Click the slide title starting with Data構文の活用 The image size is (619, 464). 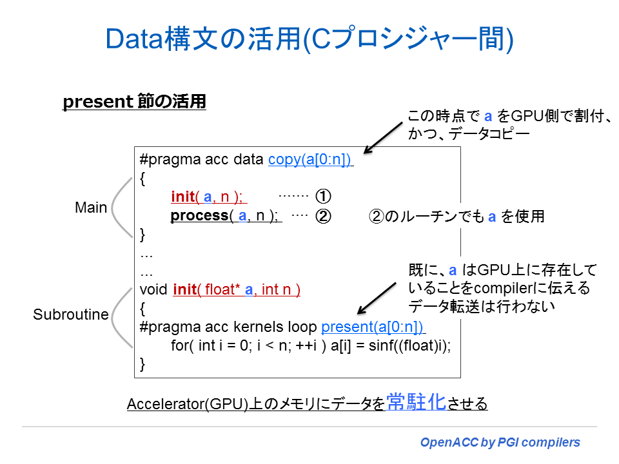309,39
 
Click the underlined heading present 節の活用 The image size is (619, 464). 134,102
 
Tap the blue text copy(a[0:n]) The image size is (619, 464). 310,160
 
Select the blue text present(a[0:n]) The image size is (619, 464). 372,326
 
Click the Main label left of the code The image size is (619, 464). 91,208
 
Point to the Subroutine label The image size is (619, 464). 71,314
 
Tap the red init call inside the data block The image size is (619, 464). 182,197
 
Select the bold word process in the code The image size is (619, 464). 199,216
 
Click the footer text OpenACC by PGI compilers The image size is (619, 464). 500,443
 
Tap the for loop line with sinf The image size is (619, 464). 310,345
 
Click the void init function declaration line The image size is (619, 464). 220,289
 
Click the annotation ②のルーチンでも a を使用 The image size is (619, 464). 456,217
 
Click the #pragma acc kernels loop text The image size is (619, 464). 229,326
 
